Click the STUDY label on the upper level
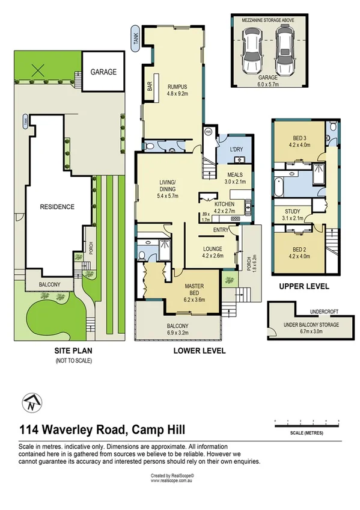point(298,211)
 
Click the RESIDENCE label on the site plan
point(58,207)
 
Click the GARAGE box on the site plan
point(103,72)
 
